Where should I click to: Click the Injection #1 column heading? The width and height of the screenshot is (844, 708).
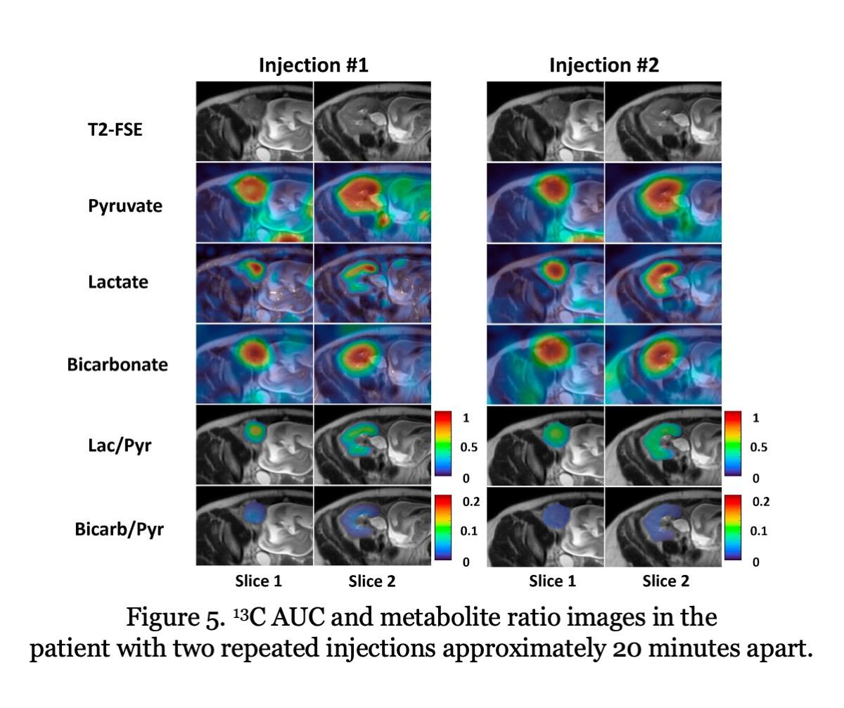(313, 65)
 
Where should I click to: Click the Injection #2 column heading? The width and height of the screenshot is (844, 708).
(603, 65)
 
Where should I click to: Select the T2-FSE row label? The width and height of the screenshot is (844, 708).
(115, 128)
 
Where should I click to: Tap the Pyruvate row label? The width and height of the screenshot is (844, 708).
(125, 206)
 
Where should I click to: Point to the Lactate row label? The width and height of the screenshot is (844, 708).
(118, 282)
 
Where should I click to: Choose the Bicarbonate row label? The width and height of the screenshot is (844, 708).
(117, 365)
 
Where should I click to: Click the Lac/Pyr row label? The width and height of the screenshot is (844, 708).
(120, 446)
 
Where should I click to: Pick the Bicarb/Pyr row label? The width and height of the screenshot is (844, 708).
(119, 529)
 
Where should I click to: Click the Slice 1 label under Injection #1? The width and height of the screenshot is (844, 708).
(258, 581)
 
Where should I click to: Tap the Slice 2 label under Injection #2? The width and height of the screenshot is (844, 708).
(665, 581)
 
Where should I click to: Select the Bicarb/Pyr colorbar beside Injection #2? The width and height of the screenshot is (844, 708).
(733, 527)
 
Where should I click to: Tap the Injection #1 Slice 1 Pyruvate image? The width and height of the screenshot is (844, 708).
(255, 203)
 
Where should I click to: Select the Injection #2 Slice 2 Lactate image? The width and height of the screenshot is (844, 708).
(663, 283)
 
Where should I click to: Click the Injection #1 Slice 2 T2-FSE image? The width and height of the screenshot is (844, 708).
(372, 121)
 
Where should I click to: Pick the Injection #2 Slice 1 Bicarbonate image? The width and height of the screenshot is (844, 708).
(545, 363)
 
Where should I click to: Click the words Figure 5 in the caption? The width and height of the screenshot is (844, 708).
(172, 618)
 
